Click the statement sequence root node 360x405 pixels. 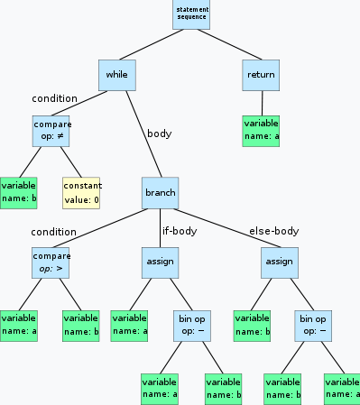(191, 14)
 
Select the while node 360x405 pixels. (117, 75)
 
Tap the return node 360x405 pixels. (260, 75)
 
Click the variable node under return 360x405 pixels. (260, 131)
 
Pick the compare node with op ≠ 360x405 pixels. (51, 131)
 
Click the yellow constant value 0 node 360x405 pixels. (80, 192)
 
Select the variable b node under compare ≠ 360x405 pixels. (18, 192)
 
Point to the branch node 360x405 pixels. (161, 192)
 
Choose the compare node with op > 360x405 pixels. (51, 262)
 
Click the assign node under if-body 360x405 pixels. (159, 262)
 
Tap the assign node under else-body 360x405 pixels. (280, 262)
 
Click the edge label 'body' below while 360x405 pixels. (159, 133)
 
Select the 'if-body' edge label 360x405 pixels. (179, 230)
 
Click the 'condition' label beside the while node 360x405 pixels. (54, 98)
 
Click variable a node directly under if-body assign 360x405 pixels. (129, 324)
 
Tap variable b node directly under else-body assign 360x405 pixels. (251, 324)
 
